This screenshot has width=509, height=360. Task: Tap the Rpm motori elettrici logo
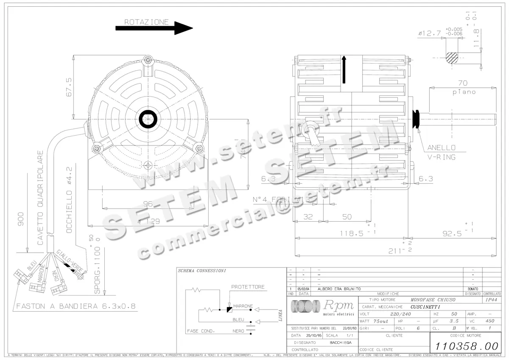tap(322, 307)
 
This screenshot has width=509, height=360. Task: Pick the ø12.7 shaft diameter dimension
tap(429, 33)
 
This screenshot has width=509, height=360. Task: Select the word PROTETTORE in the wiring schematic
tap(248, 287)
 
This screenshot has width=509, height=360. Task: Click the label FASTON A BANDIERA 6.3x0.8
tap(76, 306)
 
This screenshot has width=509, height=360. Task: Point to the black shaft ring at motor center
tap(148, 119)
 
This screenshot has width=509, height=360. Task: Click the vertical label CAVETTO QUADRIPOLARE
tap(41, 198)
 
